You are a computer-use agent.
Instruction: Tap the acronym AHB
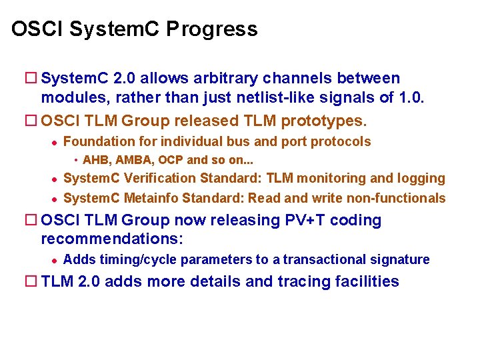coord(95,160)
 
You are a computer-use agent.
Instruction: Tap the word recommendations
coord(111,239)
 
